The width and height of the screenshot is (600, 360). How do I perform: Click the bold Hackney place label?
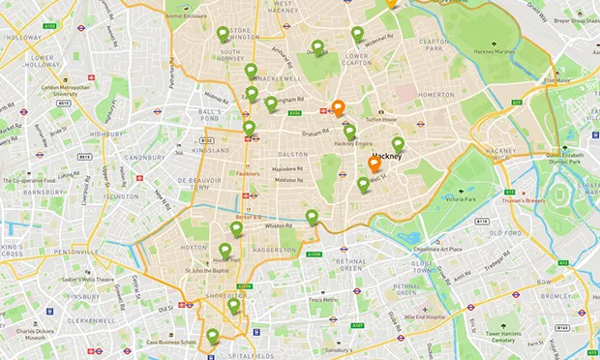[386, 155]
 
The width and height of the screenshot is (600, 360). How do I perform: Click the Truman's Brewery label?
[528, 190]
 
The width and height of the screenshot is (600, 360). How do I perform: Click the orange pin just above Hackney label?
[375, 164]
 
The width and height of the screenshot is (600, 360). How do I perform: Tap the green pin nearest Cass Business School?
[213, 336]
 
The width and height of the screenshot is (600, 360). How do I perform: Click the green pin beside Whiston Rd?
[312, 217]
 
